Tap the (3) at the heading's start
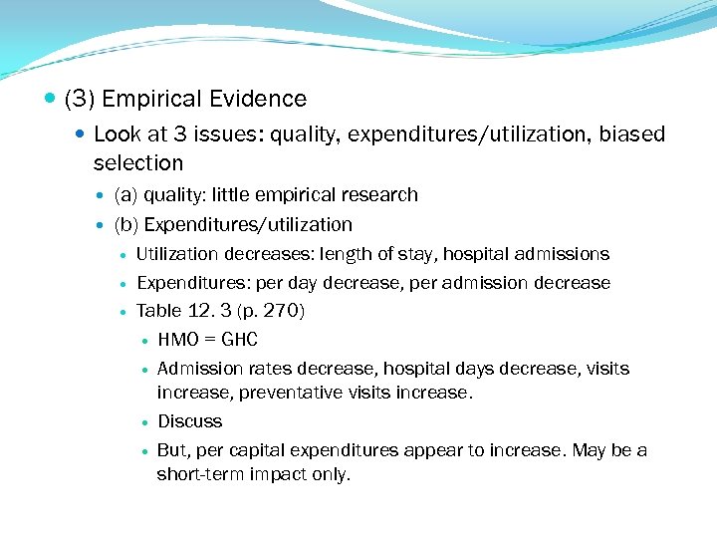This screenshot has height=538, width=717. tap(78, 99)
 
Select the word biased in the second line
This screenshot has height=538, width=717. tap(631, 134)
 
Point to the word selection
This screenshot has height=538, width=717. tap(138, 162)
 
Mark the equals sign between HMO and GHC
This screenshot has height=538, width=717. tap(209, 340)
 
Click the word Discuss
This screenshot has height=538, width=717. tap(189, 421)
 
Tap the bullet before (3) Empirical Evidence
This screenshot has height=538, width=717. tap(51, 100)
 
